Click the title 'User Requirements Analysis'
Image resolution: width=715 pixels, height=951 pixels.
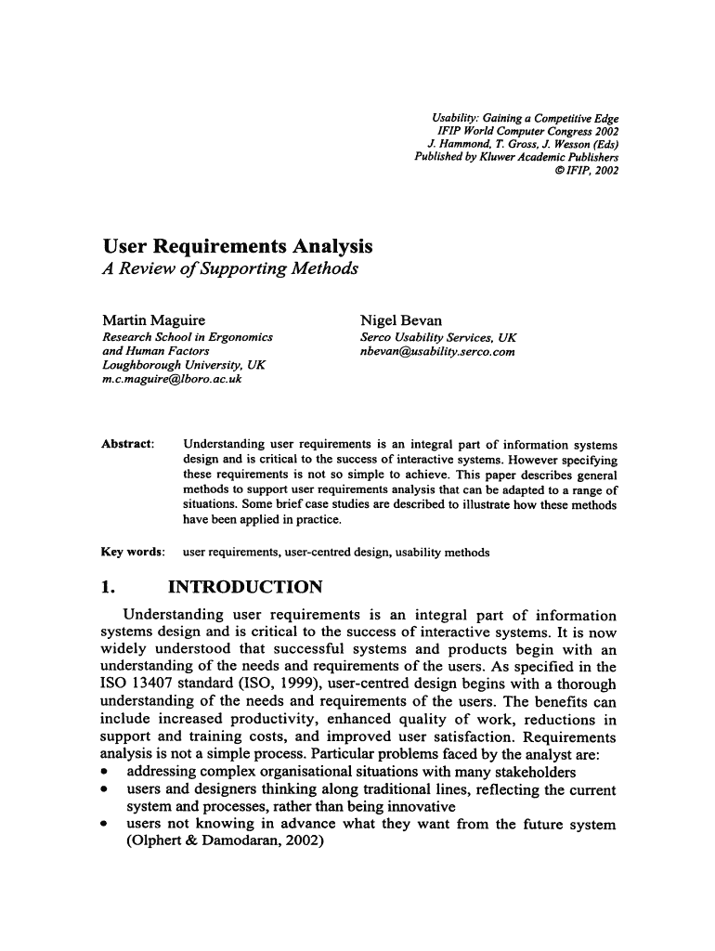click(238, 247)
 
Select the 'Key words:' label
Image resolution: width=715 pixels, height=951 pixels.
click(132, 553)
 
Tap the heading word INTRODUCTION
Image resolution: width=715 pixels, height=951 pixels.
click(244, 588)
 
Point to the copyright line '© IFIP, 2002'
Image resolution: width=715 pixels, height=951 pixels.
click(585, 171)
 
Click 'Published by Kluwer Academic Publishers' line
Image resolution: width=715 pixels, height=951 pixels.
click(516, 158)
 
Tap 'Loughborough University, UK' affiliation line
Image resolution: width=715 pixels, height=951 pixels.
click(184, 366)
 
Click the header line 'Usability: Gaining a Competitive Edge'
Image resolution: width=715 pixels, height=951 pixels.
click(526, 119)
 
